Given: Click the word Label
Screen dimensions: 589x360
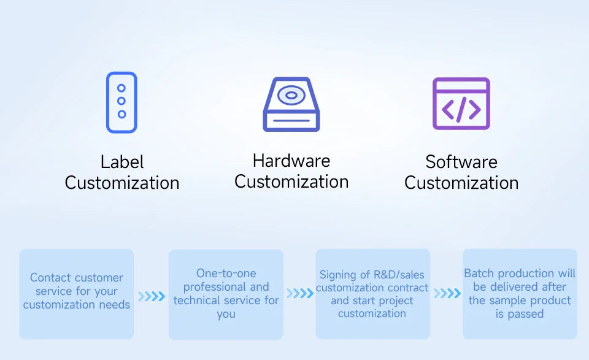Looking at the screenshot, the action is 122,162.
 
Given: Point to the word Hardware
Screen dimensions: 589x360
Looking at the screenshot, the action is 291,161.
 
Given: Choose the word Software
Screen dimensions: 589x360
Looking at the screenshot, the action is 461,162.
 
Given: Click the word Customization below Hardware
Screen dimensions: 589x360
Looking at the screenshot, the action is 291,182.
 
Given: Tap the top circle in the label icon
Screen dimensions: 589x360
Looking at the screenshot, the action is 121,88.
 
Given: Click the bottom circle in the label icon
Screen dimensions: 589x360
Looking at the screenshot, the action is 121,114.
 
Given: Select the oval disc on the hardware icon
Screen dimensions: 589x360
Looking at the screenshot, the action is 291,95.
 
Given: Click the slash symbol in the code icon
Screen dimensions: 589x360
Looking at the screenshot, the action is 461,109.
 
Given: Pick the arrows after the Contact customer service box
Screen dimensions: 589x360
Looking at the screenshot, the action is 152,296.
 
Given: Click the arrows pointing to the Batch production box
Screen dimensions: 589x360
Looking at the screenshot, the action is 447,293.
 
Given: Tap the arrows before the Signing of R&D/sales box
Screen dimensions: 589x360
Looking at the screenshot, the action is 300,293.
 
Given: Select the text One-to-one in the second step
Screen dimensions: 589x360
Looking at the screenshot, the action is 226,274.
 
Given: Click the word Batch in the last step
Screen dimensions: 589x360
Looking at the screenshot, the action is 479,274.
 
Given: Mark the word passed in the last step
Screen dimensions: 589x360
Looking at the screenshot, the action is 526,314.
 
